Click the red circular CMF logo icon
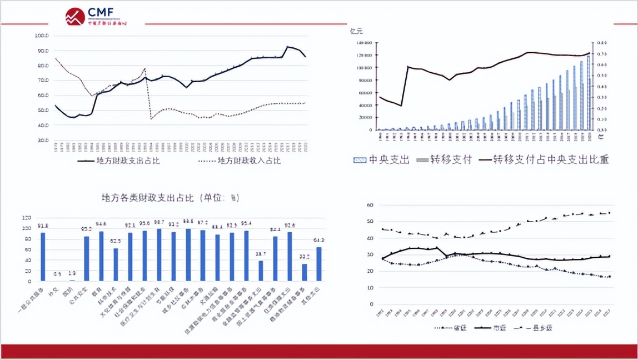tap(75, 17)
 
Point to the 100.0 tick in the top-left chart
tap(42, 36)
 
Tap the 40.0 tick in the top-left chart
tap(42, 125)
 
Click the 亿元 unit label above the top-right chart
tap(356, 30)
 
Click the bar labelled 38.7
tap(261, 271)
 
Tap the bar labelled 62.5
tap(116, 264)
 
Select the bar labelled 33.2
tap(304, 272)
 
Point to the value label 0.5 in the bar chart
tap(57, 274)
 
